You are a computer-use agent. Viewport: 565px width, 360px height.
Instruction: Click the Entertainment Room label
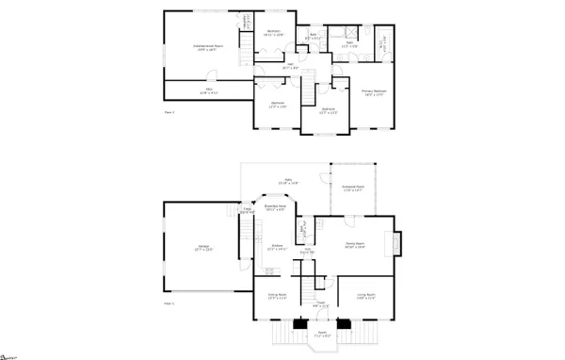206,48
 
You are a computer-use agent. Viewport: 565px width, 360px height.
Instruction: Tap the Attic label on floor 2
208,91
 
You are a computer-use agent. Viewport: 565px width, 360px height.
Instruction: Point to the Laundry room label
248,21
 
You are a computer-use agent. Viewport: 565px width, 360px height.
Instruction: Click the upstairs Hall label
290,67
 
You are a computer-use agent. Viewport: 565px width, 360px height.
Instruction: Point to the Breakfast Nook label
275,208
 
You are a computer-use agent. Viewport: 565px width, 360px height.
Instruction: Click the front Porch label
321,334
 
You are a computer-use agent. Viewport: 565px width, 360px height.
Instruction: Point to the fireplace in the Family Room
395,242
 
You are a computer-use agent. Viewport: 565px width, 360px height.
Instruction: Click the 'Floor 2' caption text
170,112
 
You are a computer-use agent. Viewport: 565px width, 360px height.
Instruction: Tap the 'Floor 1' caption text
170,304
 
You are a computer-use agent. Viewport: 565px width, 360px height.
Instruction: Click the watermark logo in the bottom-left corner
10,356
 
